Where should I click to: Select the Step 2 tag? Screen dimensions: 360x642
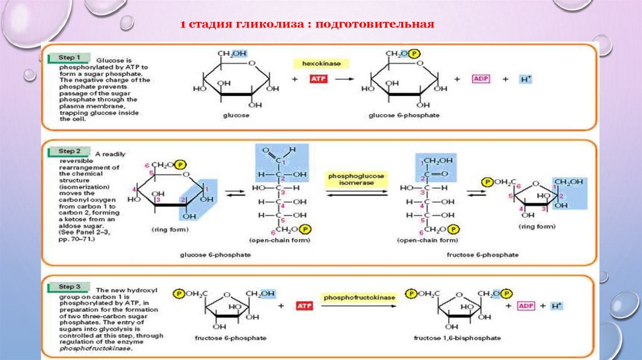point(70,151)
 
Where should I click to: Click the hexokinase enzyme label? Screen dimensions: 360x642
point(320,63)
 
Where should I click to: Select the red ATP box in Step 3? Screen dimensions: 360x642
point(305,306)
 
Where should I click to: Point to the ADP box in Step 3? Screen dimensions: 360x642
point(525,306)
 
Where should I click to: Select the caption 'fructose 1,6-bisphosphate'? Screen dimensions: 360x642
point(457,338)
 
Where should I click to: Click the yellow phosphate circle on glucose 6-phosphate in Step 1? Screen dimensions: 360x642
point(414,54)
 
